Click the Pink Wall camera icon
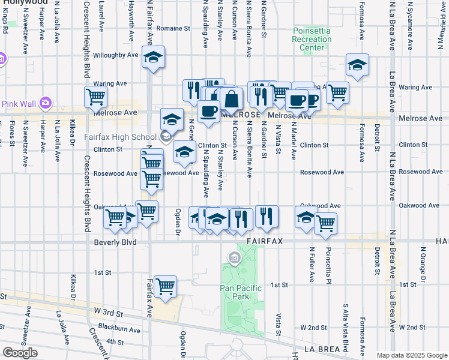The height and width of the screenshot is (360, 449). pyautogui.click(x=46, y=104)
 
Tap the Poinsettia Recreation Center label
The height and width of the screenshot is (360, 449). pyautogui.click(x=312, y=40)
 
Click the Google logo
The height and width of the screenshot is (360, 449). pyautogui.click(x=20, y=353)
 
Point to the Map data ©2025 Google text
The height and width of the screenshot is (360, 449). pyautogui.click(x=412, y=355)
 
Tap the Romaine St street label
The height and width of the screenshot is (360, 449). pyautogui.click(x=173, y=28)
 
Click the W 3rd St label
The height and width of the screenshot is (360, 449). pyautogui.click(x=109, y=313)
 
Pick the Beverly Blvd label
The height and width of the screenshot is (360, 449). pyautogui.click(x=115, y=242)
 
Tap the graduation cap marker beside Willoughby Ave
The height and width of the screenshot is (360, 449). pyautogui.click(x=154, y=58)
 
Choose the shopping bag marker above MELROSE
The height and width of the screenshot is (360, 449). pyautogui.click(x=231, y=99)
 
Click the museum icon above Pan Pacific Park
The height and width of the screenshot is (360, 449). pyautogui.click(x=234, y=259)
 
